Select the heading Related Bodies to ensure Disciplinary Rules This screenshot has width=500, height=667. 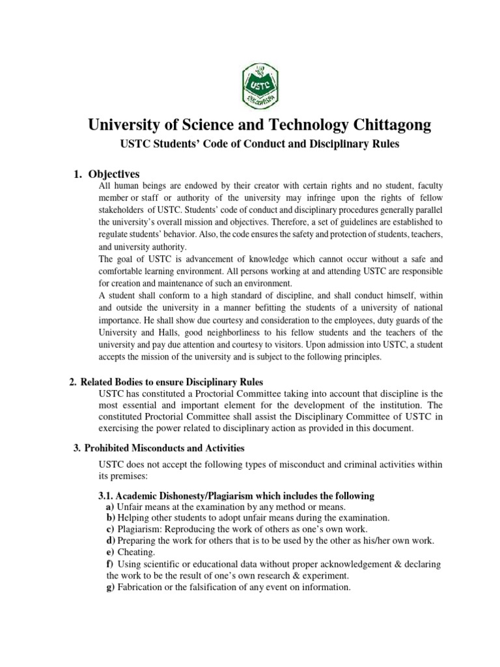(173, 382)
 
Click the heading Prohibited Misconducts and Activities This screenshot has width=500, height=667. (165, 448)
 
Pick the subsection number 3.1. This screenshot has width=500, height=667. (105, 496)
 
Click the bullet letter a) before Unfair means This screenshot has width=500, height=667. (110, 507)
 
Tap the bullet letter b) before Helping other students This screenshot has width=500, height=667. (111, 518)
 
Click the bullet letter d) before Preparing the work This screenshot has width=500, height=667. (111, 541)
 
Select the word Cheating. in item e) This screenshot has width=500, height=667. (137, 552)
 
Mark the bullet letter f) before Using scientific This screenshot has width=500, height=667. (110, 564)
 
